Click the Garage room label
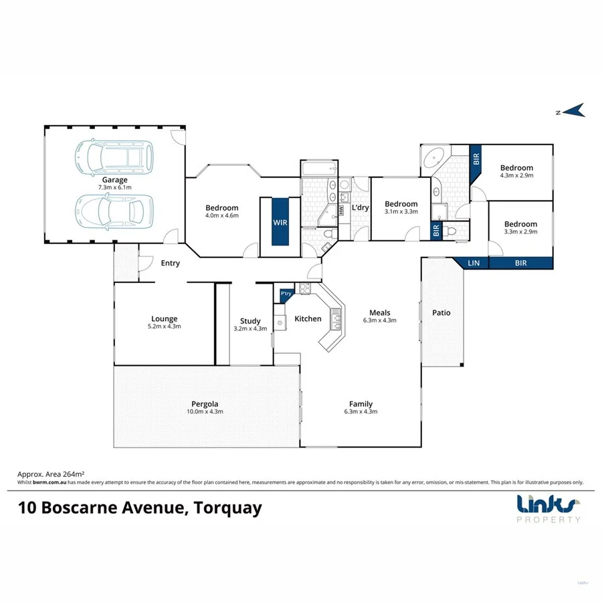coord(115,180)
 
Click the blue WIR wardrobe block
coord(280,221)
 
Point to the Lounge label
coord(164,319)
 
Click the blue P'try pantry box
coord(286,294)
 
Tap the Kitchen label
coord(308,319)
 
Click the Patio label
coord(441,312)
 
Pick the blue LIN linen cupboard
coord(474,264)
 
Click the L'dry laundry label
coord(360,207)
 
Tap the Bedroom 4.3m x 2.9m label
coord(517,168)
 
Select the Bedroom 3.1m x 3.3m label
coord(401,204)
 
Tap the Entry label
coord(171,263)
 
